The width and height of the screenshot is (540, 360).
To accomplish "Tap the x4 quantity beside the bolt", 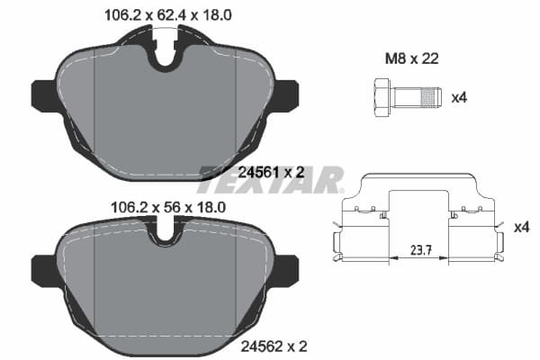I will [457, 94].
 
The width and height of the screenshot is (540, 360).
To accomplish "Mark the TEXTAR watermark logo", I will [270, 178].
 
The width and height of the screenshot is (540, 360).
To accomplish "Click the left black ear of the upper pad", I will [44, 94].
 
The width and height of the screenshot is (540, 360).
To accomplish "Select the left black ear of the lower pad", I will [44, 268].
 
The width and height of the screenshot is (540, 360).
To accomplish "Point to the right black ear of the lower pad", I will [286, 268].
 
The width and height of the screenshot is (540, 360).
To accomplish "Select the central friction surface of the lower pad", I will [165, 283].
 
